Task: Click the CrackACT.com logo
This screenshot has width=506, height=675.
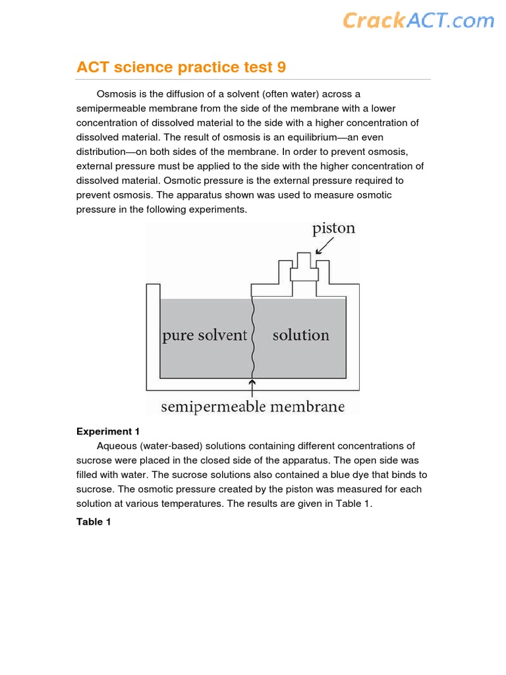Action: pyautogui.click(x=418, y=20)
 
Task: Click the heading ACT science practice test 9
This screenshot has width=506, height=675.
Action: pyautogui.click(x=181, y=67)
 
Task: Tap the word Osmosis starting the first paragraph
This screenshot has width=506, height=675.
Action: pyautogui.click(x=117, y=94)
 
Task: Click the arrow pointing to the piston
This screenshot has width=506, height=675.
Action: pyautogui.click(x=324, y=246)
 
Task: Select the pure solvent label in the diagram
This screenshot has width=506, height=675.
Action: pyautogui.click(x=204, y=336)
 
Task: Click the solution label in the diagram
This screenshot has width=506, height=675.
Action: pyautogui.click(x=300, y=336)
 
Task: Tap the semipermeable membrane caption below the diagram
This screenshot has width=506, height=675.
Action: pyautogui.click(x=252, y=406)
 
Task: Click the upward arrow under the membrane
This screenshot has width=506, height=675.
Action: pyautogui.click(x=252, y=387)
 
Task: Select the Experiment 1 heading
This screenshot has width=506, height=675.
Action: pyautogui.click(x=108, y=431)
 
